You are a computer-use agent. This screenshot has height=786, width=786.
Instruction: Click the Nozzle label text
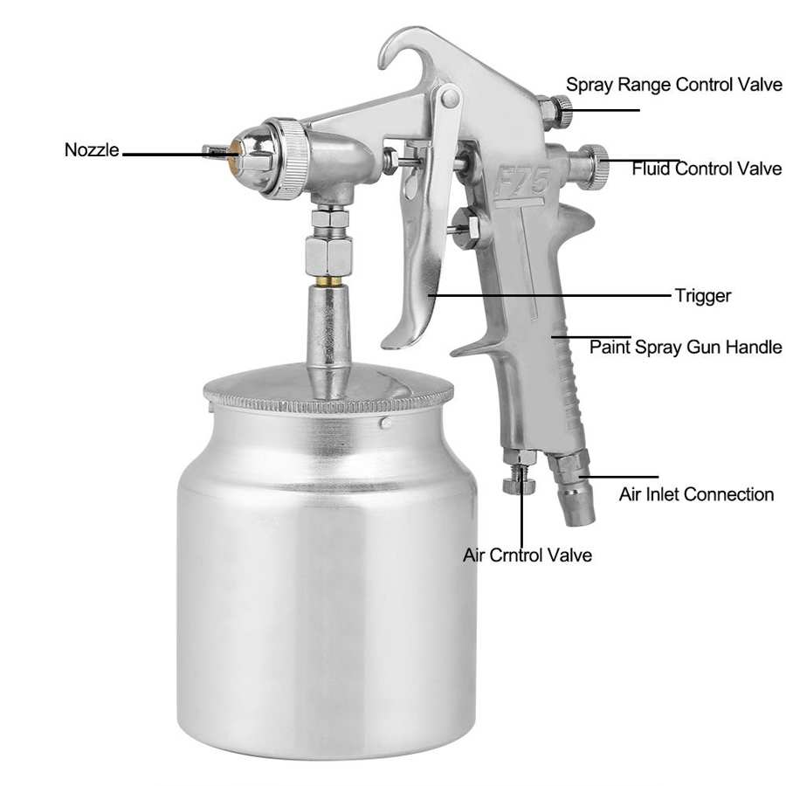(x=91, y=149)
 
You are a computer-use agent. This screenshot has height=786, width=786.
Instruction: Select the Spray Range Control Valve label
(x=673, y=85)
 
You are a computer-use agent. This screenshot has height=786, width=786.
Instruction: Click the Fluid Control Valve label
(x=707, y=169)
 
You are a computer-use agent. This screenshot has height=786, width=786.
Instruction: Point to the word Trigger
(x=702, y=296)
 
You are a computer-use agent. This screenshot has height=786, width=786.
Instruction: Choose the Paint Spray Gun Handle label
(x=685, y=347)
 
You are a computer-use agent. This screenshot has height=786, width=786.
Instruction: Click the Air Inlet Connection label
(x=696, y=494)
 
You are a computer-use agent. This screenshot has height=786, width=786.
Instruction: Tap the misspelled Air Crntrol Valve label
(x=527, y=555)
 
